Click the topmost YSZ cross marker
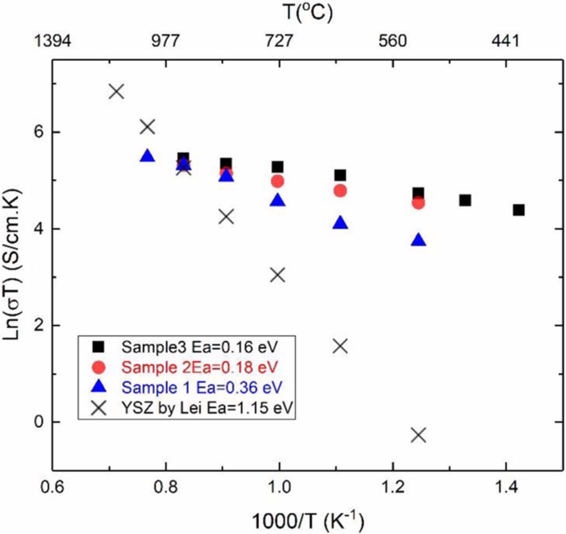click(x=116, y=91)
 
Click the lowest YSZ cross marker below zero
click(x=418, y=435)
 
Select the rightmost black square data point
click(x=519, y=210)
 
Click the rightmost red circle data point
click(x=418, y=203)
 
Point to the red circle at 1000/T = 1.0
click(x=278, y=181)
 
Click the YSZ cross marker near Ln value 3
click(x=278, y=275)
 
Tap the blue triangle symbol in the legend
click(x=100, y=387)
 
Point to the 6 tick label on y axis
click(x=39, y=132)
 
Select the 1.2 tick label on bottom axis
click(x=392, y=487)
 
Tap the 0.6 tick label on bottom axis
click(x=52, y=487)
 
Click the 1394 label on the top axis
click(x=52, y=41)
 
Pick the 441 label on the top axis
click(x=505, y=41)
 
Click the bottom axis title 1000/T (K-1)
click(x=308, y=521)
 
